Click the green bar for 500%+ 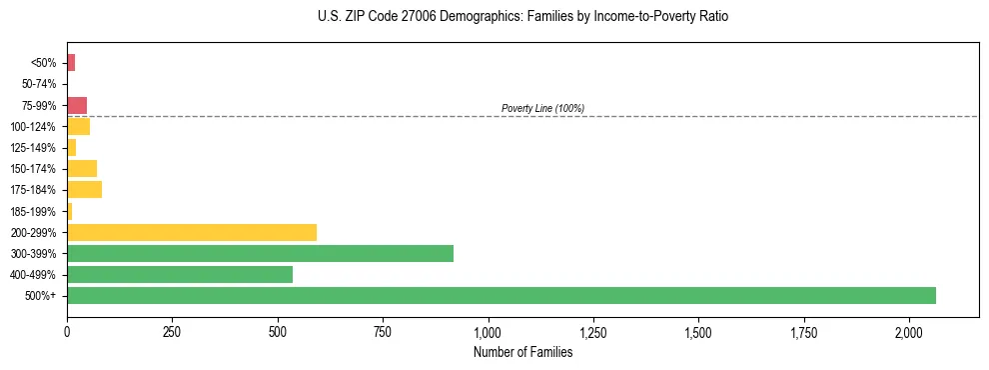click(x=500, y=296)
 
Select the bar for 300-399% click(x=260, y=254)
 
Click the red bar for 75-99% click(x=77, y=106)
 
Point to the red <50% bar click(x=71, y=63)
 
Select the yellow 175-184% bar click(x=84, y=190)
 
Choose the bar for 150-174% click(x=82, y=169)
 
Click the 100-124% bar click(x=78, y=127)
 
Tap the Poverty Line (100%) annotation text click(x=542, y=108)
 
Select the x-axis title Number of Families click(x=523, y=352)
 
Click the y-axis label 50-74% click(x=40, y=85)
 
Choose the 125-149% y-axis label click(x=36, y=148)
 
